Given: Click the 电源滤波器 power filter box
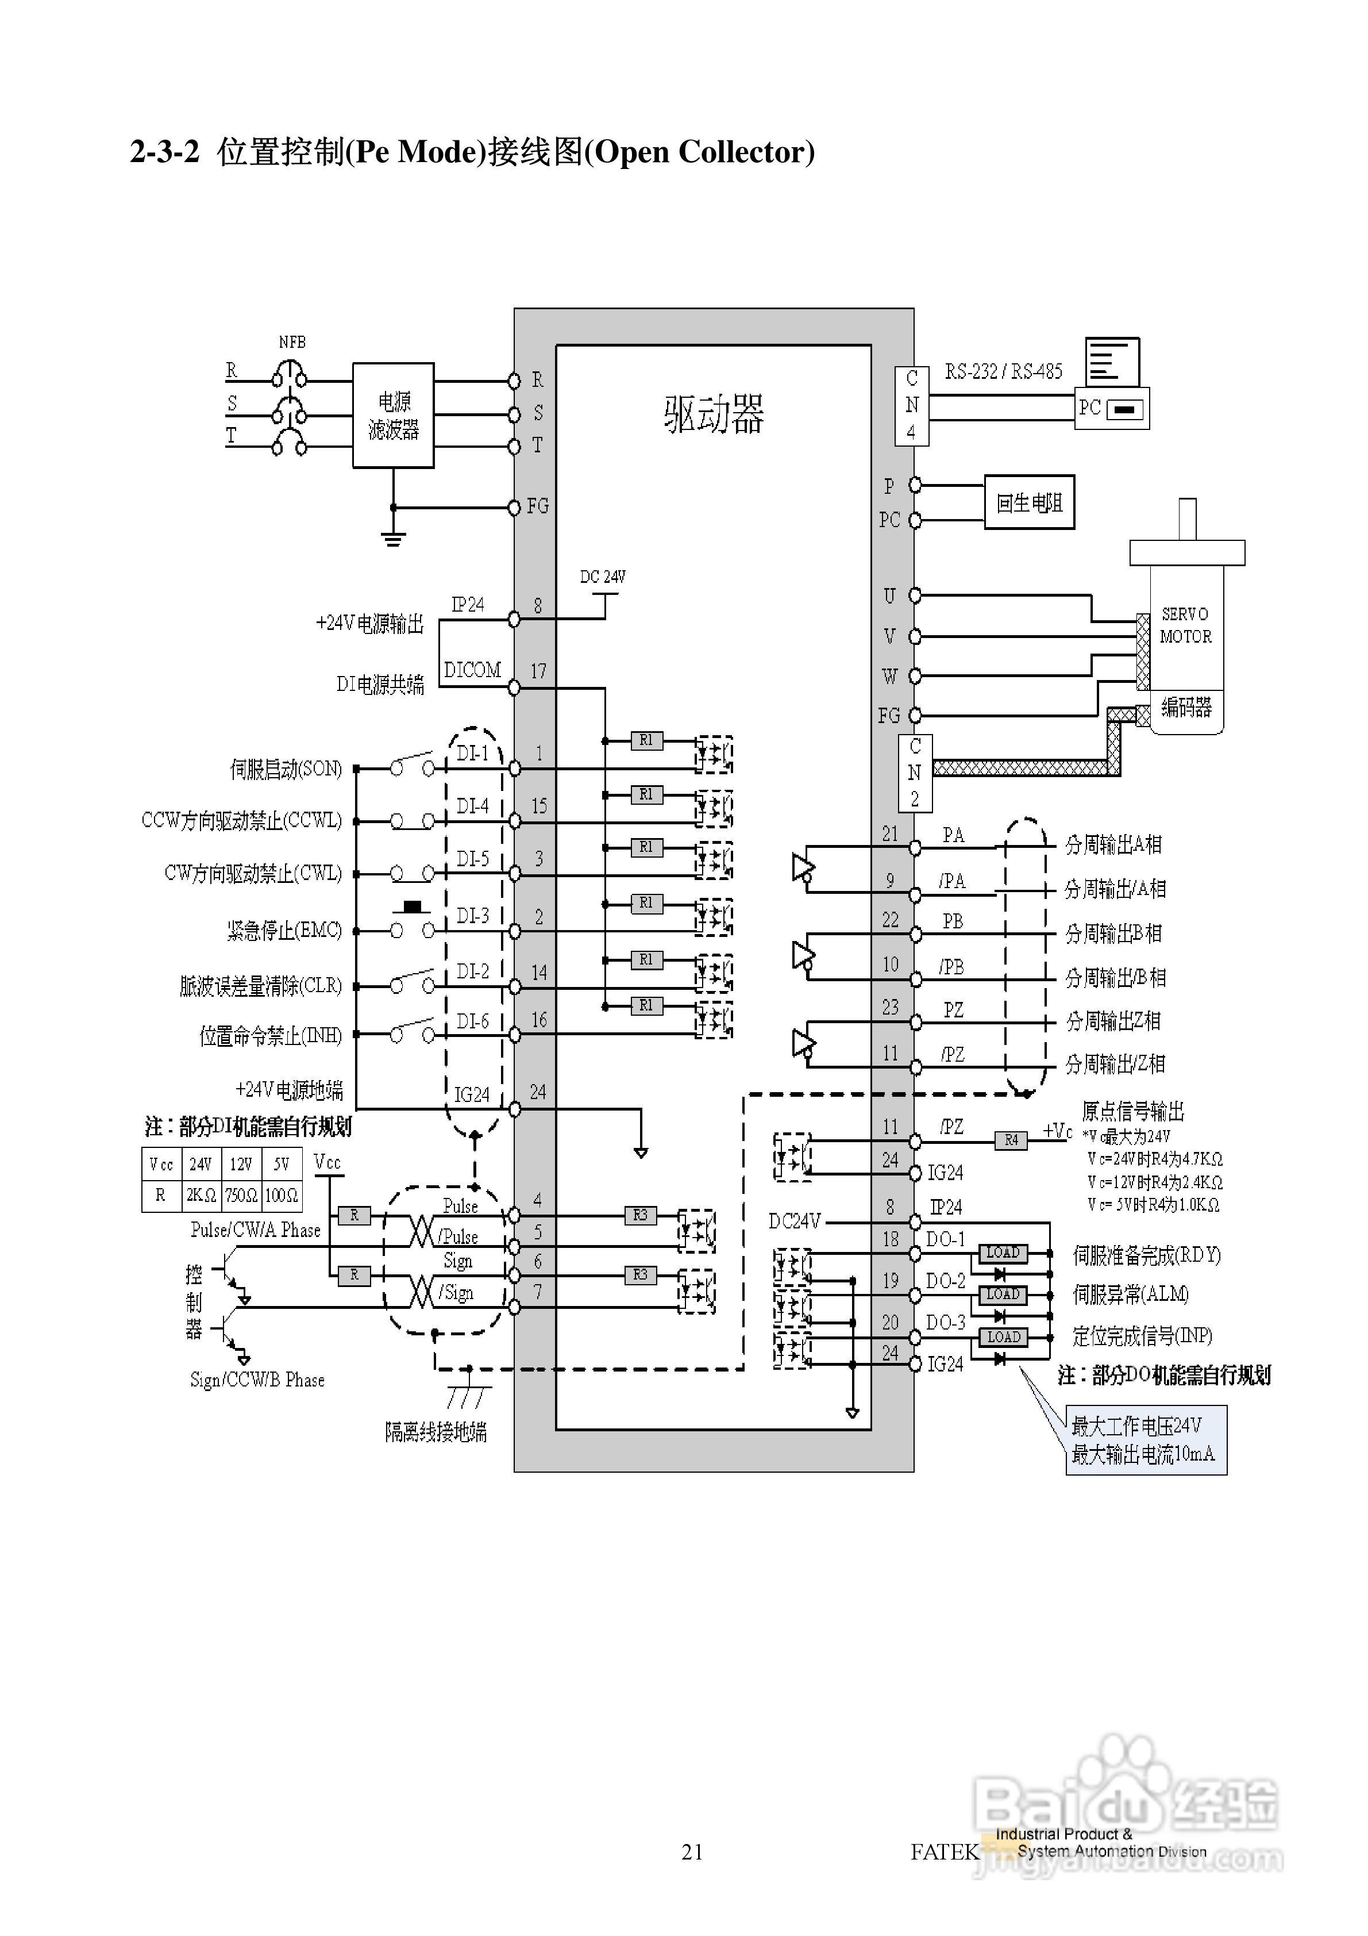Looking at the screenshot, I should pyautogui.click(x=393, y=416).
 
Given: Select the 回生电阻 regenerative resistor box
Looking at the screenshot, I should pyautogui.click(x=1028, y=502).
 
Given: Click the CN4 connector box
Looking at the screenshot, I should pyautogui.click(x=911, y=406).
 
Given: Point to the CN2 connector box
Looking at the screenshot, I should pyautogui.click(x=915, y=773).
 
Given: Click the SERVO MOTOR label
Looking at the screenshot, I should pyautogui.click(x=1185, y=625).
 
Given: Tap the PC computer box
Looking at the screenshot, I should pyautogui.click(x=1112, y=409).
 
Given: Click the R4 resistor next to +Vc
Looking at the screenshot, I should pyautogui.click(x=1011, y=1140).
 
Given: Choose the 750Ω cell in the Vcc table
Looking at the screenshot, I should pyautogui.click(x=241, y=1195).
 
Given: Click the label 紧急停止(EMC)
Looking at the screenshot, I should pyautogui.click(x=284, y=931).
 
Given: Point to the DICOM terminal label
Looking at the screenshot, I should pyautogui.click(x=472, y=670).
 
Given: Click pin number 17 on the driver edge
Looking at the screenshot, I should pyautogui.click(x=538, y=672).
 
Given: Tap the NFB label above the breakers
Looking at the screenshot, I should pyautogui.click(x=292, y=343).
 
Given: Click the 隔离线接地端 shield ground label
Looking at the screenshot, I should pyautogui.click(x=435, y=1432).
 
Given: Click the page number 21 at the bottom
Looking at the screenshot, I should pyautogui.click(x=692, y=1852).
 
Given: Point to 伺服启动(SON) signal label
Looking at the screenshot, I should pyautogui.click(x=286, y=769).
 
